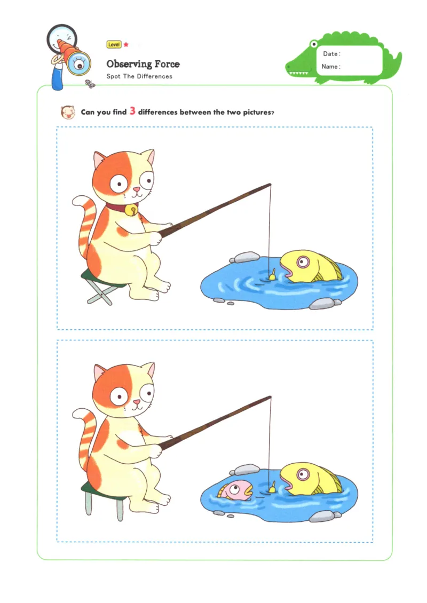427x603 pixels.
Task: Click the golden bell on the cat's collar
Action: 129,211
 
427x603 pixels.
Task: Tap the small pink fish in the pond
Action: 235,489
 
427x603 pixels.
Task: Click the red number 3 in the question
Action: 132,112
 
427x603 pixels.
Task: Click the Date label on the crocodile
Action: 331,54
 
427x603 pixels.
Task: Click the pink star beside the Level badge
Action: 126,45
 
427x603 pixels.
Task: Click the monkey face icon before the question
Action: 67,112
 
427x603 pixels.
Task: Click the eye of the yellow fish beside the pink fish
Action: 303,474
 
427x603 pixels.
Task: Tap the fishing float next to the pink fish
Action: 272,486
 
